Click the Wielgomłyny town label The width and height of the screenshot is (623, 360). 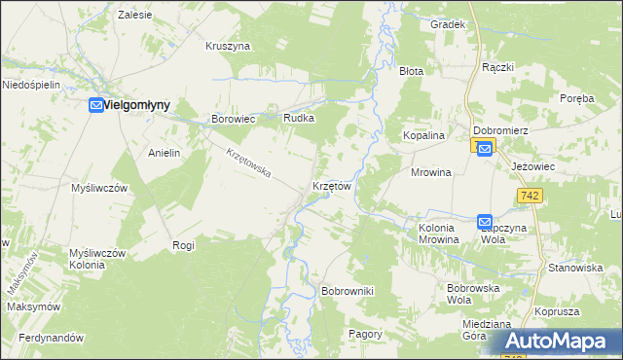tap(137, 105)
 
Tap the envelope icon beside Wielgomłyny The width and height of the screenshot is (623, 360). tap(97, 105)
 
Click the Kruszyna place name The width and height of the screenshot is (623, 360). tap(229, 46)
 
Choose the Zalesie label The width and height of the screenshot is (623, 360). tap(134, 16)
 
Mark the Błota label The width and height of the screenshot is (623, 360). tap(412, 71)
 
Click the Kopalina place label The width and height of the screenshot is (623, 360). tap(424, 136)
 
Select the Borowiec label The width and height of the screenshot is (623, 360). tap(233, 119)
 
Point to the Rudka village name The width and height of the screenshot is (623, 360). tap(298, 118)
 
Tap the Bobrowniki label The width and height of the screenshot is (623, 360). tap(348, 291)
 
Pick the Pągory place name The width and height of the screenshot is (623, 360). tap(365, 333)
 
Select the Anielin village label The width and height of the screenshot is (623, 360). tap(165, 154)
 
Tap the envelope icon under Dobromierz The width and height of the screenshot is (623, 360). tap(484, 147)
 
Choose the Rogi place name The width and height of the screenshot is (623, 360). tap(183, 245)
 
